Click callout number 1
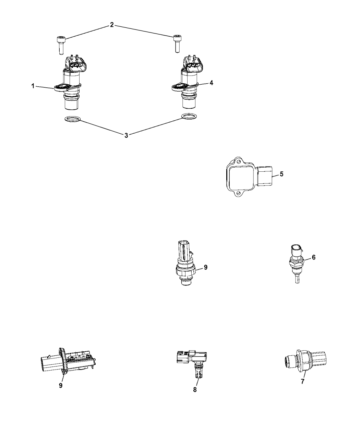[33, 86]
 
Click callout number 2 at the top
[112, 25]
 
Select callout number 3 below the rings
[126, 135]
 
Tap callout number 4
[212, 83]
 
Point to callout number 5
[281, 174]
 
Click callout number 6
[313, 257]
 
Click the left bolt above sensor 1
[61, 45]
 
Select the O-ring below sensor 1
[72, 120]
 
